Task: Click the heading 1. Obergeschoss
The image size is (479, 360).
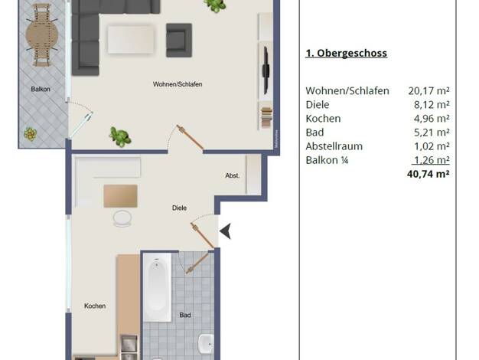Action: coord(347,53)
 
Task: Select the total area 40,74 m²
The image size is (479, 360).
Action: coord(428,174)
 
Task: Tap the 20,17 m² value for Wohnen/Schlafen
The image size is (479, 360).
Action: coord(429,91)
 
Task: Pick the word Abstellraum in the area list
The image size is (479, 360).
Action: coord(334,146)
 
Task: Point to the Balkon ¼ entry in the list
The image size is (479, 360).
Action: coord(327,160)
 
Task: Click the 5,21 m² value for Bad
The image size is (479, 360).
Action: coord(432,133)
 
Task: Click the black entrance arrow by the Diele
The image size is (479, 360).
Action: coord(225,231)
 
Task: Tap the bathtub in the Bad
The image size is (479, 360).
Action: coord(157,287)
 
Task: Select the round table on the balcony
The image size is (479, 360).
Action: coord(42,34)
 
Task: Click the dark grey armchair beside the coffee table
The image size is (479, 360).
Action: coord(179,40)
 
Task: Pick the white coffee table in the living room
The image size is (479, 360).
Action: coord(131,40)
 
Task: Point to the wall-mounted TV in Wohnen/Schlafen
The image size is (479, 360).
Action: coord(266,70)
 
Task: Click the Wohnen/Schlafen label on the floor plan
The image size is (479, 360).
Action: coord(178,84)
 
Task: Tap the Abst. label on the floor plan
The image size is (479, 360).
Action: coord(233,175)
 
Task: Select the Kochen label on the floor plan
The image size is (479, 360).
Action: coord(95,306)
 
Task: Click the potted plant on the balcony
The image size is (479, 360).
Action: coord(31,134)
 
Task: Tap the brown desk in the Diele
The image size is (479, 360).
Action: coord(120,196)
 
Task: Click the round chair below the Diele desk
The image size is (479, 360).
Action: coord(122,218)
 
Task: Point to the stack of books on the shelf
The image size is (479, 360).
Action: coord(266,118)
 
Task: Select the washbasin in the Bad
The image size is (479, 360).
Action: coord(206,343)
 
